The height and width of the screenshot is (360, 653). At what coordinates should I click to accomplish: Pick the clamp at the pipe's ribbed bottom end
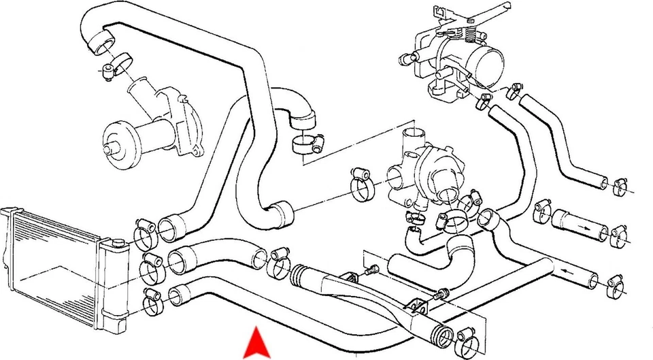pos(468,336)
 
